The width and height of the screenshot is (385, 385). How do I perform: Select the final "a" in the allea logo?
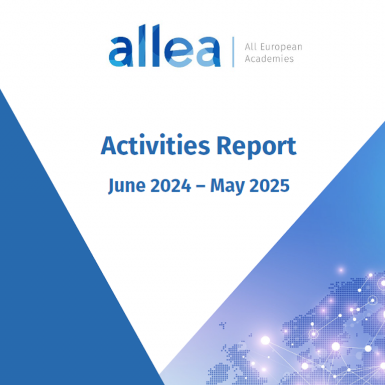click(x=207, y=53)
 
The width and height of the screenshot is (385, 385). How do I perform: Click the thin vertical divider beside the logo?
click(x=233, y=52)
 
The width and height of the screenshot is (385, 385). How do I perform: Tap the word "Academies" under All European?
click(x=269, y=59)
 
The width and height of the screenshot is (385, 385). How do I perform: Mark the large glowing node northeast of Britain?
click(x=265, y=340)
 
